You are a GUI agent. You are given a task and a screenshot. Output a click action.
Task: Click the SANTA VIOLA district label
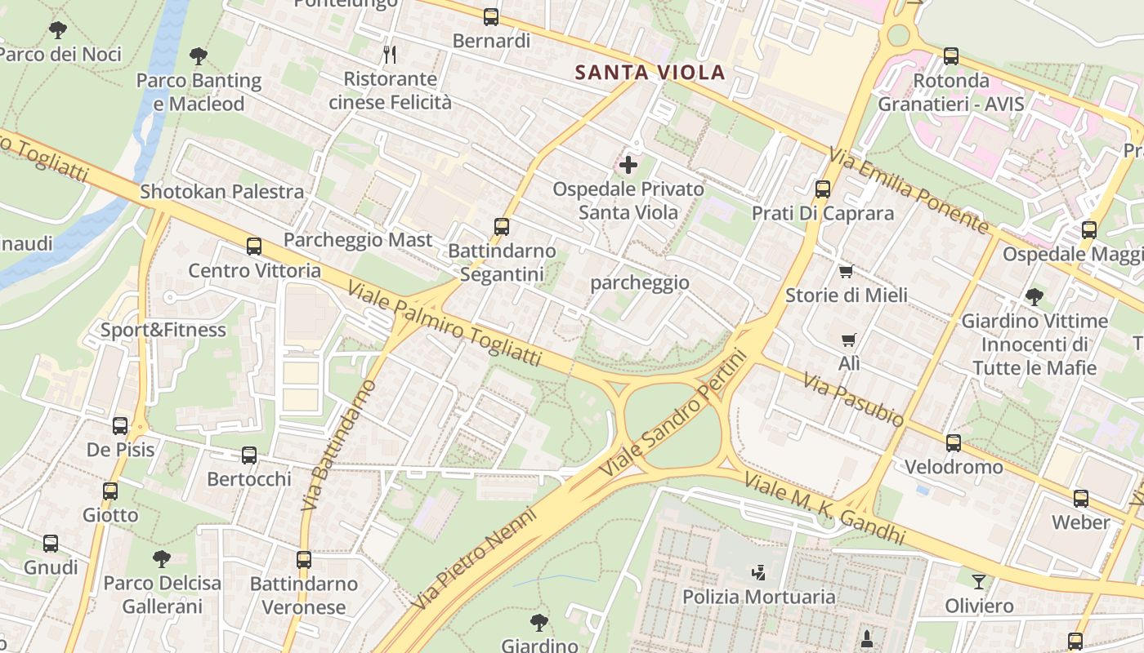coord(650,72)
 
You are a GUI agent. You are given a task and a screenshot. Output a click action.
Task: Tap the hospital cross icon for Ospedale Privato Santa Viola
coord(628,166)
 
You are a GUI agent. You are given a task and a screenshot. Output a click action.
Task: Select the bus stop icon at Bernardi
coord(491,16)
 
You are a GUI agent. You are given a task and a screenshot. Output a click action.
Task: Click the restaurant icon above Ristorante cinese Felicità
coord(390,55)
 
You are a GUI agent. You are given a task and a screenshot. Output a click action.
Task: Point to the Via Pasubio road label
coord(853,400)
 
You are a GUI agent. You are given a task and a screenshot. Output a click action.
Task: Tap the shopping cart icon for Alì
coord(849,340)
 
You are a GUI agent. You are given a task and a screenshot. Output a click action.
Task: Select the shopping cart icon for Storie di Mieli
coord(846,271)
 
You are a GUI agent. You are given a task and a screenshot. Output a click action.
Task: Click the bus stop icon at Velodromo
coord(953,443)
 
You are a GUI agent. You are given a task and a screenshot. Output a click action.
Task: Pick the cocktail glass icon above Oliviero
coord(978,582)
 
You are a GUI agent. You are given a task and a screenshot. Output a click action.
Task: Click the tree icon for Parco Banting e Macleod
coord(198,56)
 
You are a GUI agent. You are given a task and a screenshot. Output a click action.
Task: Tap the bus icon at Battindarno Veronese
coord(304,560)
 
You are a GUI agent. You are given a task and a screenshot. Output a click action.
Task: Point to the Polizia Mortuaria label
coord(759,597)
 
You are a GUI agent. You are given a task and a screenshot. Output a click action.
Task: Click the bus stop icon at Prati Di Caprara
coord(823,189)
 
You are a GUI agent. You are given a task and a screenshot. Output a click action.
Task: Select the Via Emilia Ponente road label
coord(909,189)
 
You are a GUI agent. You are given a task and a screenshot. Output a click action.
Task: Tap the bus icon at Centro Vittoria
coord(254,247)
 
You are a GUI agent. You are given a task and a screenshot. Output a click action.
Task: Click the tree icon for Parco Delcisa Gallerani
coord(162,559)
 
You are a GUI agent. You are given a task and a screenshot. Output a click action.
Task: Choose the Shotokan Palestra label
coord(222,192)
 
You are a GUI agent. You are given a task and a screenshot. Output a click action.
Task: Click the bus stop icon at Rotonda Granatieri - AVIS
coord(951,56)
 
